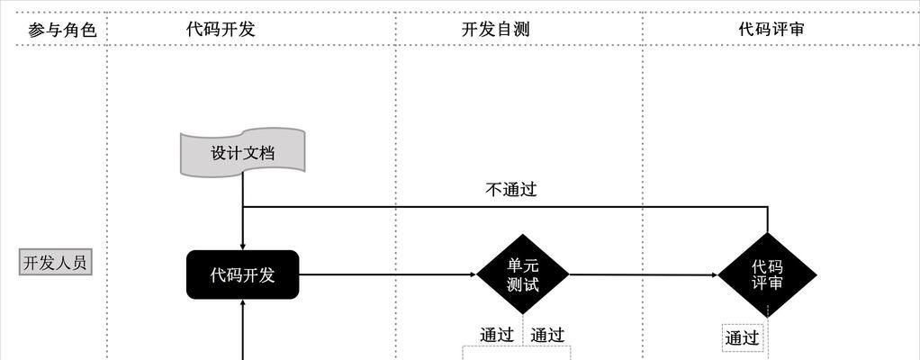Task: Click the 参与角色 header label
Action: coord(62,30)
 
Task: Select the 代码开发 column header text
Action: coord(221,29)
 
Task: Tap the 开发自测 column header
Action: coord(495,29)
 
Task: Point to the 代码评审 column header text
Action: coord(771,29)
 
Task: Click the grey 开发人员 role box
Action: coord(55,263)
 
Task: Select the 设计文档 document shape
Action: coord(242,152)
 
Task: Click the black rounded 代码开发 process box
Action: coord(243,274)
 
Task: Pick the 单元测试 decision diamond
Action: coord(523,274)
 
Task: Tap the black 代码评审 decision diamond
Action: coord(768,275)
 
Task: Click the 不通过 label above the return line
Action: coord(511,189)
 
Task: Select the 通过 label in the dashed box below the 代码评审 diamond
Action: coord(743,337)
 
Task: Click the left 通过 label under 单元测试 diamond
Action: coord(497,335)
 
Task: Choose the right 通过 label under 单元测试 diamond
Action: coord(547,335)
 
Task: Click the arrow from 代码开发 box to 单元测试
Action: coord(388,274)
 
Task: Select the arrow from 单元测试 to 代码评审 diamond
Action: coord(644,274)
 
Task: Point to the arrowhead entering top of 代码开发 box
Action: coord(242,247)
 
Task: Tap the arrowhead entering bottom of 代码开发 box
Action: coord(242,302)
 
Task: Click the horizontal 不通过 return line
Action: coord(505,206)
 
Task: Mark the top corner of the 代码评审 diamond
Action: coord(768,233)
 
